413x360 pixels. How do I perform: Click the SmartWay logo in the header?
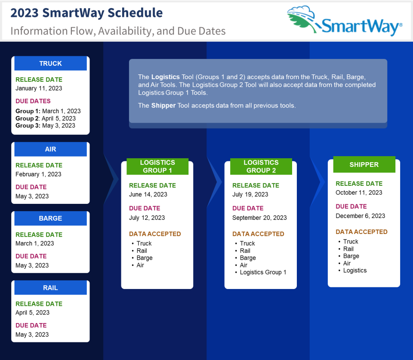click(345, 21)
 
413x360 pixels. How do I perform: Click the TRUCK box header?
click(50, 64)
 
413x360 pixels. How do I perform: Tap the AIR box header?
click(50, 149)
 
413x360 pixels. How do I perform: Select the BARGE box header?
click(50, 218)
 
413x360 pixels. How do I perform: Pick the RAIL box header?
click(50, 287)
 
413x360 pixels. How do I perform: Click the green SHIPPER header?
click(364, 164)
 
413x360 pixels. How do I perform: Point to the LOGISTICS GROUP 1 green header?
click(157, 166)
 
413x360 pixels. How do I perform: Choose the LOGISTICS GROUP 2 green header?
click(261, 166)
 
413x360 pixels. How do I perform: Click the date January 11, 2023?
click(39, 89)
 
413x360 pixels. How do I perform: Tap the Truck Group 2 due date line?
click(46, 118)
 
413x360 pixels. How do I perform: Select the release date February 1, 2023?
click(38, 174)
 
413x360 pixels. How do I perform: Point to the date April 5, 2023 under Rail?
click(32, 313)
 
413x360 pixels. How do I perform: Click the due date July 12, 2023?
click(147, 218)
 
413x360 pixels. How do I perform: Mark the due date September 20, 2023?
click(259, 218)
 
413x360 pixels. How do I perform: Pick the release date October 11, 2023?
click(359, 193)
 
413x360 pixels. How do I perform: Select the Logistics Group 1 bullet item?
click(262, 272)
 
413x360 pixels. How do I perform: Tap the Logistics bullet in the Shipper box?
click(355, 271)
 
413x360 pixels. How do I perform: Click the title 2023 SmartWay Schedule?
click(86, 13)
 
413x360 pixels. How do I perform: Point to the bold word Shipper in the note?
click(163, 105)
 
